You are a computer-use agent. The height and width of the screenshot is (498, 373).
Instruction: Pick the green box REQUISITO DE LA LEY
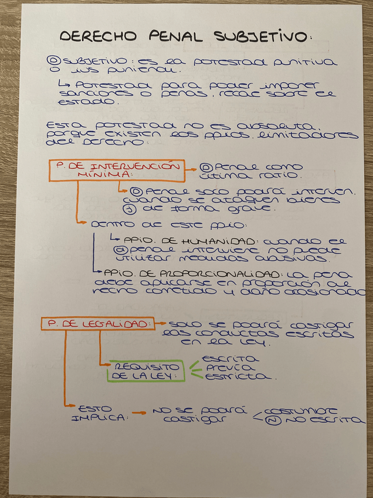[144, 371]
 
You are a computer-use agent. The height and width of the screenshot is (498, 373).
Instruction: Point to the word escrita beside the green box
[229, 358]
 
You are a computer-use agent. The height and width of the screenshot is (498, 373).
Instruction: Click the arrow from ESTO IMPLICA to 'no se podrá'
[138, 413]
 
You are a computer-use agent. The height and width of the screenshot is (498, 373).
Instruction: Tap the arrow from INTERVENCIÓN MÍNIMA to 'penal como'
[191, 169]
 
